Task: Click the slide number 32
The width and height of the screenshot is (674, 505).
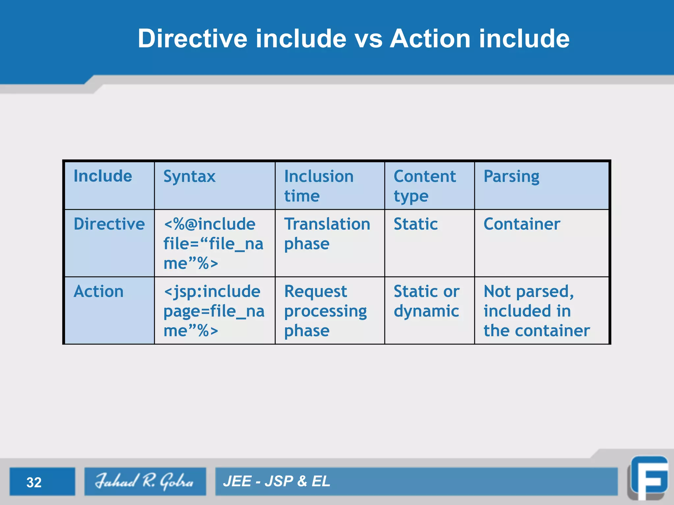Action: coord(34,482)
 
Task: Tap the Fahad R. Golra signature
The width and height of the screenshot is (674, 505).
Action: coord(144,481)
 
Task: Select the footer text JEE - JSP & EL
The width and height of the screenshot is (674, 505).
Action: coord(276,481)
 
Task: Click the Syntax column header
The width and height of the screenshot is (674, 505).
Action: coord(190,177)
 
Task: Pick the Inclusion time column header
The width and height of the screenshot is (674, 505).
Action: coord(319,186)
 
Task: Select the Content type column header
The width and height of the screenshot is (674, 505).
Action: coord(425,186)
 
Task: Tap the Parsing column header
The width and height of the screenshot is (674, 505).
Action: coord(511,177)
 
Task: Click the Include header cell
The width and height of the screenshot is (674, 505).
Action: coord(103,176)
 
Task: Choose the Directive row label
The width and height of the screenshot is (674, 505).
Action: coord(109,224)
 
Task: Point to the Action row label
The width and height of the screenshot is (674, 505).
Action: coord(98,292)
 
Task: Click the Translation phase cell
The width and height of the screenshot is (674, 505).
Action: coord(327,234)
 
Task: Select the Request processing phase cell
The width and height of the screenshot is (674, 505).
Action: coord(325,311)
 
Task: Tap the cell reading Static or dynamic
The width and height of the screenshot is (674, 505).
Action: coord(427,301)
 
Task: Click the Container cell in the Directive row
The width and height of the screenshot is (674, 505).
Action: coord(522,224)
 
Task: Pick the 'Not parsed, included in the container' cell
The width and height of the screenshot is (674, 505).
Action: coord(536,311)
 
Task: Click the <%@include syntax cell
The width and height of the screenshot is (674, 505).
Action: coord(213,244)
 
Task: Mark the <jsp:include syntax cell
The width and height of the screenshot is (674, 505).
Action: coord(214,311)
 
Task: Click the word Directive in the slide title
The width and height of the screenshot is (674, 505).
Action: coord(192,38)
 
